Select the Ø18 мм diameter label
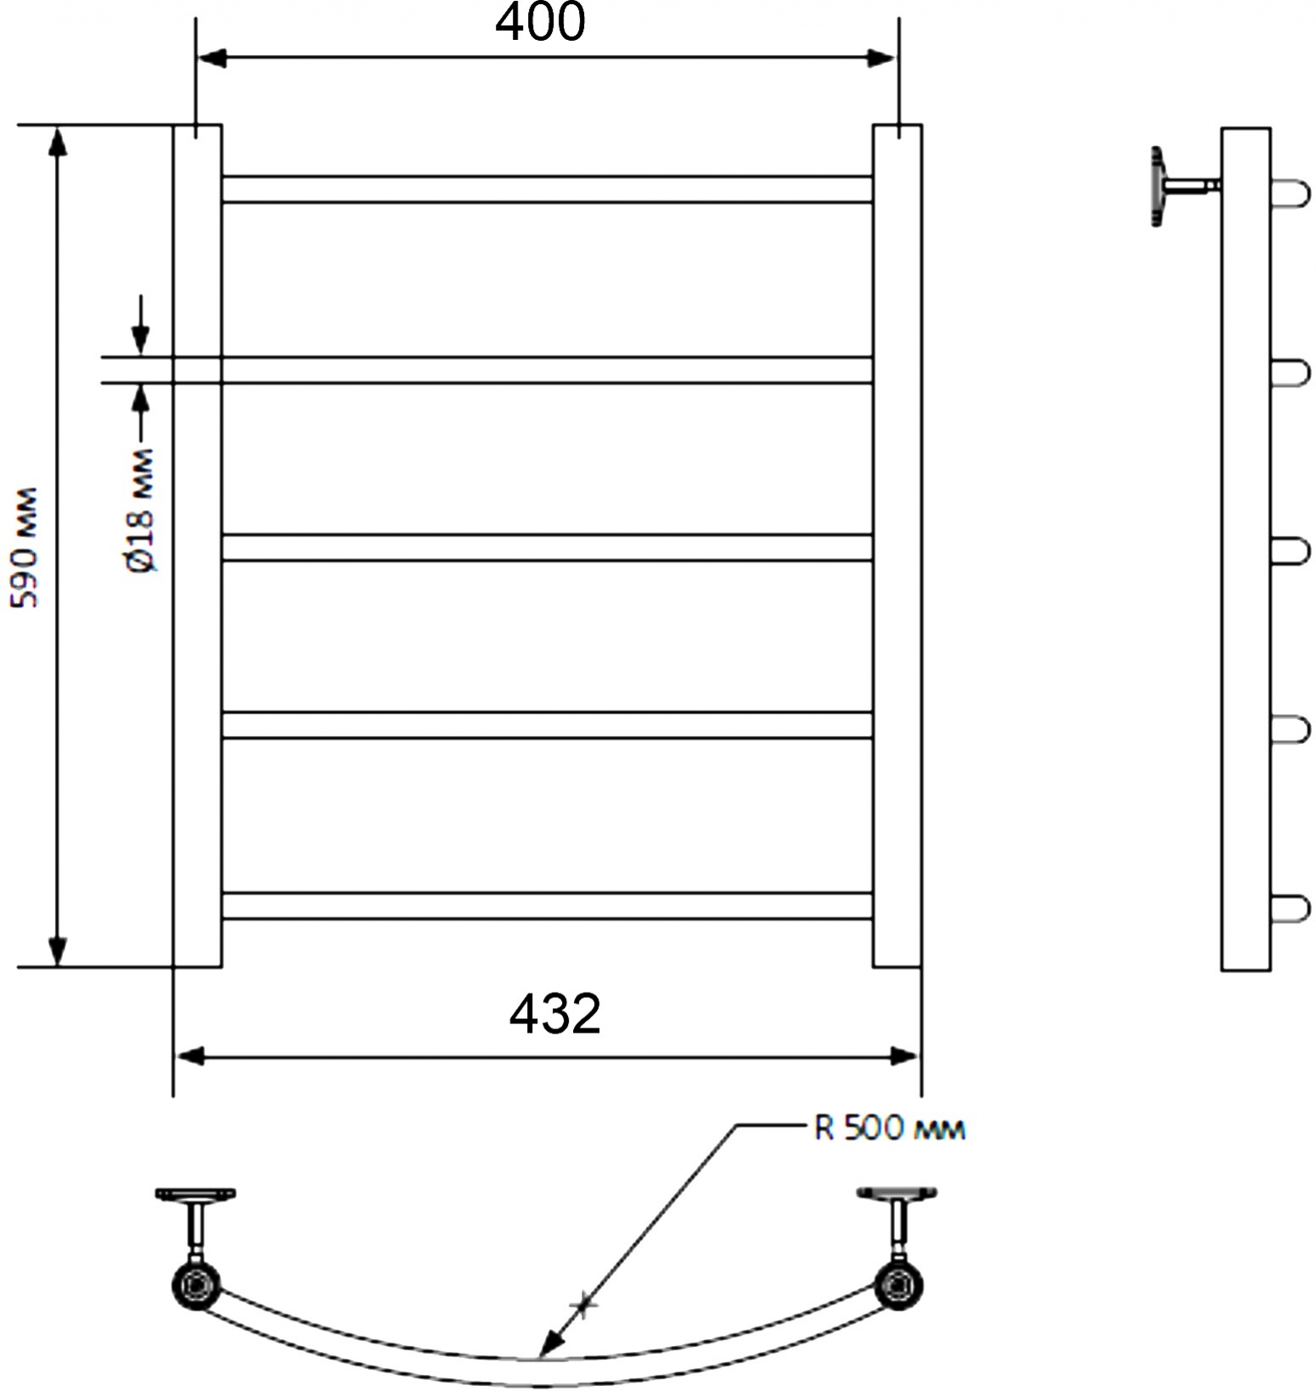142,510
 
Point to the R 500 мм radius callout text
889,1129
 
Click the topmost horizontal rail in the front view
547,189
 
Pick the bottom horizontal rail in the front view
547,905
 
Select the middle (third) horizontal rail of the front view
547,547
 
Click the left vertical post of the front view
197,546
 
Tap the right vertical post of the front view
897,546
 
